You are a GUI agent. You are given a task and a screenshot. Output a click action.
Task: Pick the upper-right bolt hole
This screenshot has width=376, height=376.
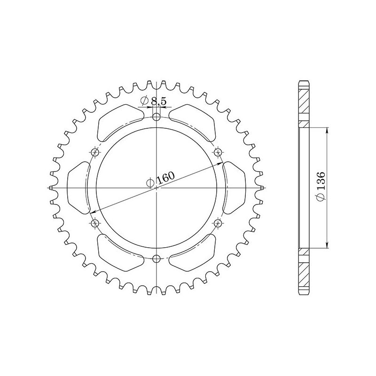[218, 152]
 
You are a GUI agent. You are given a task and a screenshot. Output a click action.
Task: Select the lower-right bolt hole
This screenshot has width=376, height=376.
[218, 223]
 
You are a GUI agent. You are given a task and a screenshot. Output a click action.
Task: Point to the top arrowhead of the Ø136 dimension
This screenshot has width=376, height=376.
[327, 130]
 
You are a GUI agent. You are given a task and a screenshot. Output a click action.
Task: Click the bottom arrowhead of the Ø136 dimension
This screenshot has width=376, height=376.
[327, 245]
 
